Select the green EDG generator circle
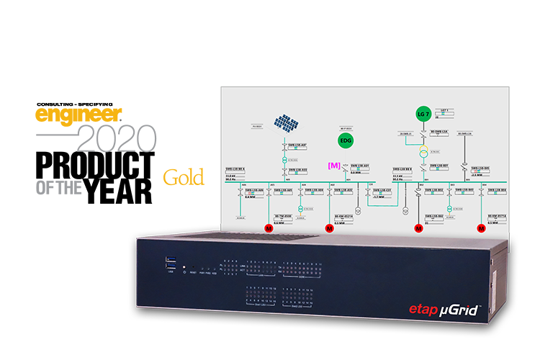[x=346, y=139]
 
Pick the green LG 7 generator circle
[x=423, y=114]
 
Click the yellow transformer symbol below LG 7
[x=423, y=151]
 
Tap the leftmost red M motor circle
[x=268, y=228]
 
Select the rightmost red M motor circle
[x=480, y=228]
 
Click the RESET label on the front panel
[x=194, y=273]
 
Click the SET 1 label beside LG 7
[x=444, y=111]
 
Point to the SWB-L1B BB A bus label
[x=235, y=169]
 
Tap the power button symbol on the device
[x=186, y=273]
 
